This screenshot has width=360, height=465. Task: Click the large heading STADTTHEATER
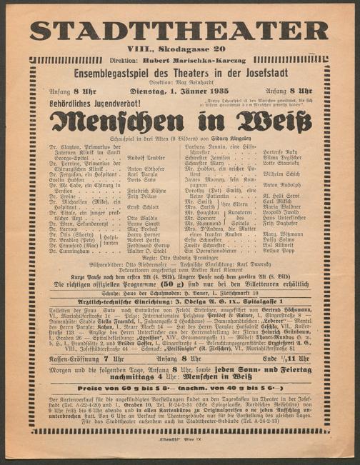point(179,30)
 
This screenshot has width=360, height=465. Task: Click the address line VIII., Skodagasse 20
point(179,51)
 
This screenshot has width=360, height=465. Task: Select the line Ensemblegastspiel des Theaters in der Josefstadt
point(179,74)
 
